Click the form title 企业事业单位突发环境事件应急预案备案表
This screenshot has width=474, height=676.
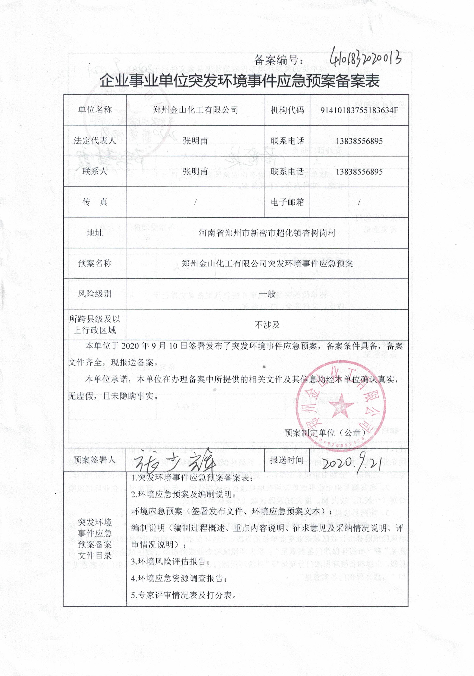(x=239, y=81)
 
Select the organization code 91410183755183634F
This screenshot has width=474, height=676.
(x=359, y=110)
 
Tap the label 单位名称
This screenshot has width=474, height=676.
(x=95, y=110)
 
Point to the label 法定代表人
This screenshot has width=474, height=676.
(x=95, y=140)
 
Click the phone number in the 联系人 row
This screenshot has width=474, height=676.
(x=359, y=171)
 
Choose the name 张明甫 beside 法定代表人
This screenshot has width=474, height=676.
(x=195, y=141)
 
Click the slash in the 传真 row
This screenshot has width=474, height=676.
(x=195, y=202)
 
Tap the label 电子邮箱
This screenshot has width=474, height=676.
(x=287, y=202)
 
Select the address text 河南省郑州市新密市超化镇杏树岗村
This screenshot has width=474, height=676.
(x=267, y=233)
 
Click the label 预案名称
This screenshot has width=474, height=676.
(x=95, y=263)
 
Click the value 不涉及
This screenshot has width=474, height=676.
(x=267, y=325)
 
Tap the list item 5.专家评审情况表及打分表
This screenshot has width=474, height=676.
(x=184, y=595)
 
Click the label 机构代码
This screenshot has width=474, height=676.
(x=287, y=110)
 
